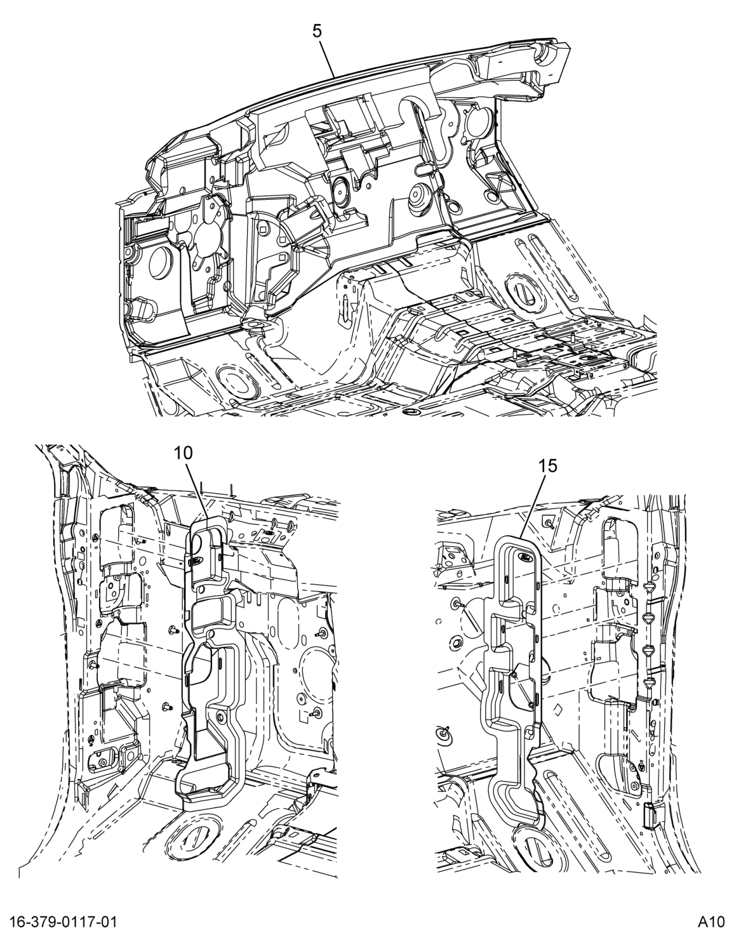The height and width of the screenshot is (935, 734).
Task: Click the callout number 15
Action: tap(548, 465)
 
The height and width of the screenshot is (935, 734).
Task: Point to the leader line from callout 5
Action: tap(326, 58)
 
